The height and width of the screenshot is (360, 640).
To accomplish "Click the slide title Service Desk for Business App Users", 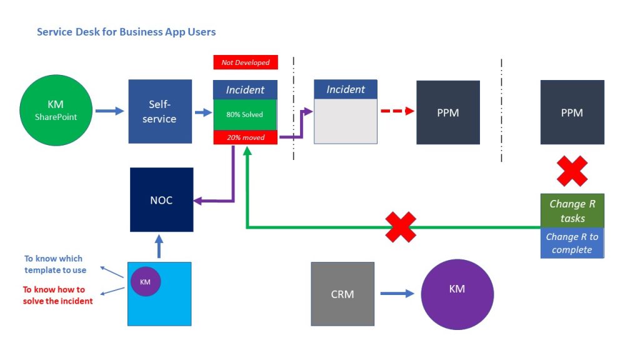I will click(x=126, y=31).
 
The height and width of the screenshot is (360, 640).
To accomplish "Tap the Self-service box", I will click(x=160, y=111).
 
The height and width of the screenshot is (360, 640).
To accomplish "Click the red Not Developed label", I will click(x=245, y=62).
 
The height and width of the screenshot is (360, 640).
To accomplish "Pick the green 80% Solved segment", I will click(x=245, y=114).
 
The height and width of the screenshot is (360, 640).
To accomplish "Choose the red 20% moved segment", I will click(x=245, y=137).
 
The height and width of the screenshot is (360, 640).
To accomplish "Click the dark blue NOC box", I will click(x=162, y=200).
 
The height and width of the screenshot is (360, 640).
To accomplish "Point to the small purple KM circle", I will click(x=145, y=281).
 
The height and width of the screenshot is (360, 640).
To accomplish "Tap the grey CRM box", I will click(x=342, y=294).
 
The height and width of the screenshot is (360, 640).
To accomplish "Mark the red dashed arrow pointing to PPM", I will click(x=397, y=111).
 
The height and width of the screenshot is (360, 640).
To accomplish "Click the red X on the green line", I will click(x=401, y=226).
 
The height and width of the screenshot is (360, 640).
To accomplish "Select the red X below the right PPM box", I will click(x=572, y=171).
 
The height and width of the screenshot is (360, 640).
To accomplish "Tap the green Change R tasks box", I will click(x=572, y=211).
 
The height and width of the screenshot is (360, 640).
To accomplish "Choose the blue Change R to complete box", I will click(x=572, y=243).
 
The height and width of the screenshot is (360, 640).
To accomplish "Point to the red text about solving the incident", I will click(x=57, y=295).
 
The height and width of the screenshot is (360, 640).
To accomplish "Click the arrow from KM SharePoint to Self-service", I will click(x=109, y=112).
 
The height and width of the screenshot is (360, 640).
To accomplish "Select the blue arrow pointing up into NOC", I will click(x=159, y=247).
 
